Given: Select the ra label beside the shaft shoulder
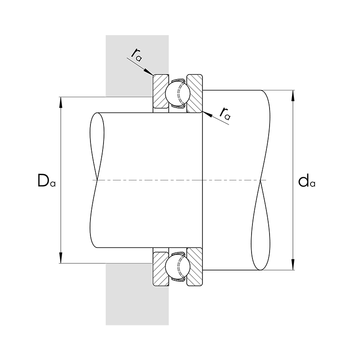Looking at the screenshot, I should coord(225,114).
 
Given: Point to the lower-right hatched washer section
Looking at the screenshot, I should coord(195,267).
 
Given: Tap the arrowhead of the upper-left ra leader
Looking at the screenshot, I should coord(149,72).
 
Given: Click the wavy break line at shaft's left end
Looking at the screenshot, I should coord(97,180).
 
